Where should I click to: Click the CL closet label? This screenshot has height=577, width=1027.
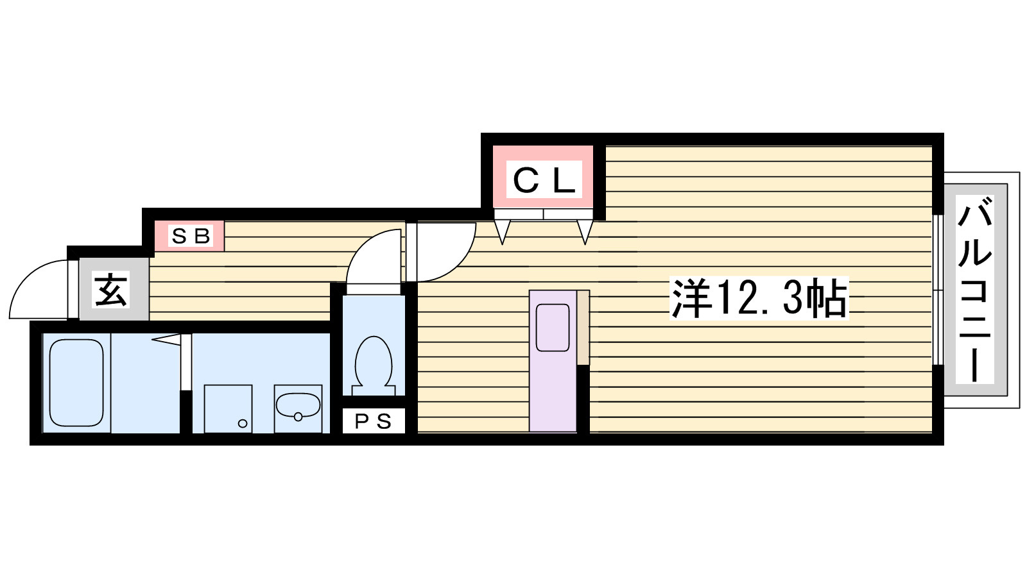(544, 180)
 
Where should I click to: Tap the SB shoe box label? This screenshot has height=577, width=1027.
(191, 237)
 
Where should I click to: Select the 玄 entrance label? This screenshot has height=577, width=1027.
(110, 289)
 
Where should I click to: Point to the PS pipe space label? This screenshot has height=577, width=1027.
(374, 421)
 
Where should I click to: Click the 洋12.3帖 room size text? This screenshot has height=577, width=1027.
(759, 297)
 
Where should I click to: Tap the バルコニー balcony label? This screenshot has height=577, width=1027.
(975, 289)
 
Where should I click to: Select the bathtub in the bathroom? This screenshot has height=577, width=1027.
(76, 383)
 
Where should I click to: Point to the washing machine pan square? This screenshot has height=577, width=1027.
(229, 408)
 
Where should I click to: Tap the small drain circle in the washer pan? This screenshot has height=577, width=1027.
(243, 424)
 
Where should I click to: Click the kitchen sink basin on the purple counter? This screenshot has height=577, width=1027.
(553, 328)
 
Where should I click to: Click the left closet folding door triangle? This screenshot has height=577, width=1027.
(502, 231)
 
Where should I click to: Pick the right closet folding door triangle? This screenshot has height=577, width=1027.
(585, 231)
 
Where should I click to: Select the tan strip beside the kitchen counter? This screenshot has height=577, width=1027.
(583, 328)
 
